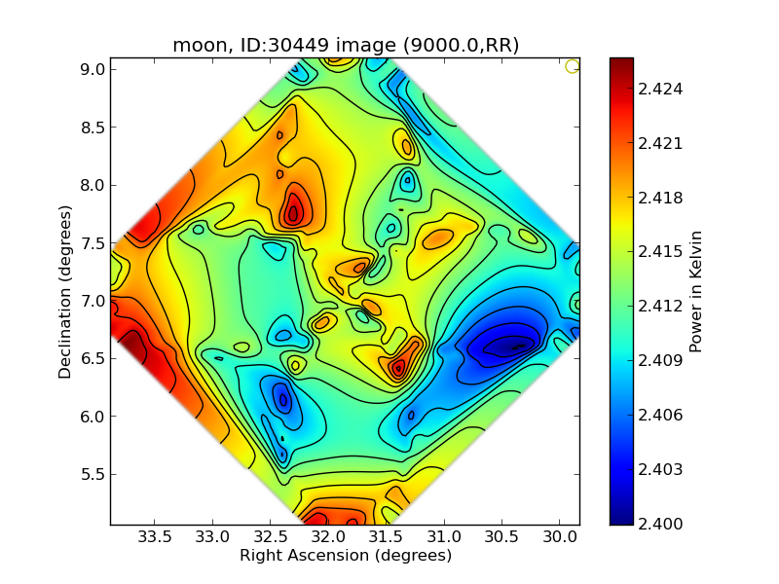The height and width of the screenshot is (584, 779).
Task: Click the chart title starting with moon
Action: click(345, 46)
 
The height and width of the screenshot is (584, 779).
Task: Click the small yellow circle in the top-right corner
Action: click(573, 66)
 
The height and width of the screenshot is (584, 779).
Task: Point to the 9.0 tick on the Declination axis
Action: click(110, 69)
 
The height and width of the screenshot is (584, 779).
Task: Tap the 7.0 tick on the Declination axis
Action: click(110, 301)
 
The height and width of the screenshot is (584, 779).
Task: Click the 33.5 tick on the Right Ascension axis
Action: click(155, 525)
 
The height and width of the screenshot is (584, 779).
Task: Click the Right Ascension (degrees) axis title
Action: click(345, 556)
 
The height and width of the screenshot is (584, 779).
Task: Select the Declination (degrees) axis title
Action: click(66, 291)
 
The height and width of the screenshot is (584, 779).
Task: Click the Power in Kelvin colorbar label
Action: click(695, 291)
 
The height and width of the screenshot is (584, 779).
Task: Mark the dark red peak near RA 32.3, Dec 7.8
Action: click(293, 212)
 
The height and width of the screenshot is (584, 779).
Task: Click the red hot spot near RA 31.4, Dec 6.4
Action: click(398, 368)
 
